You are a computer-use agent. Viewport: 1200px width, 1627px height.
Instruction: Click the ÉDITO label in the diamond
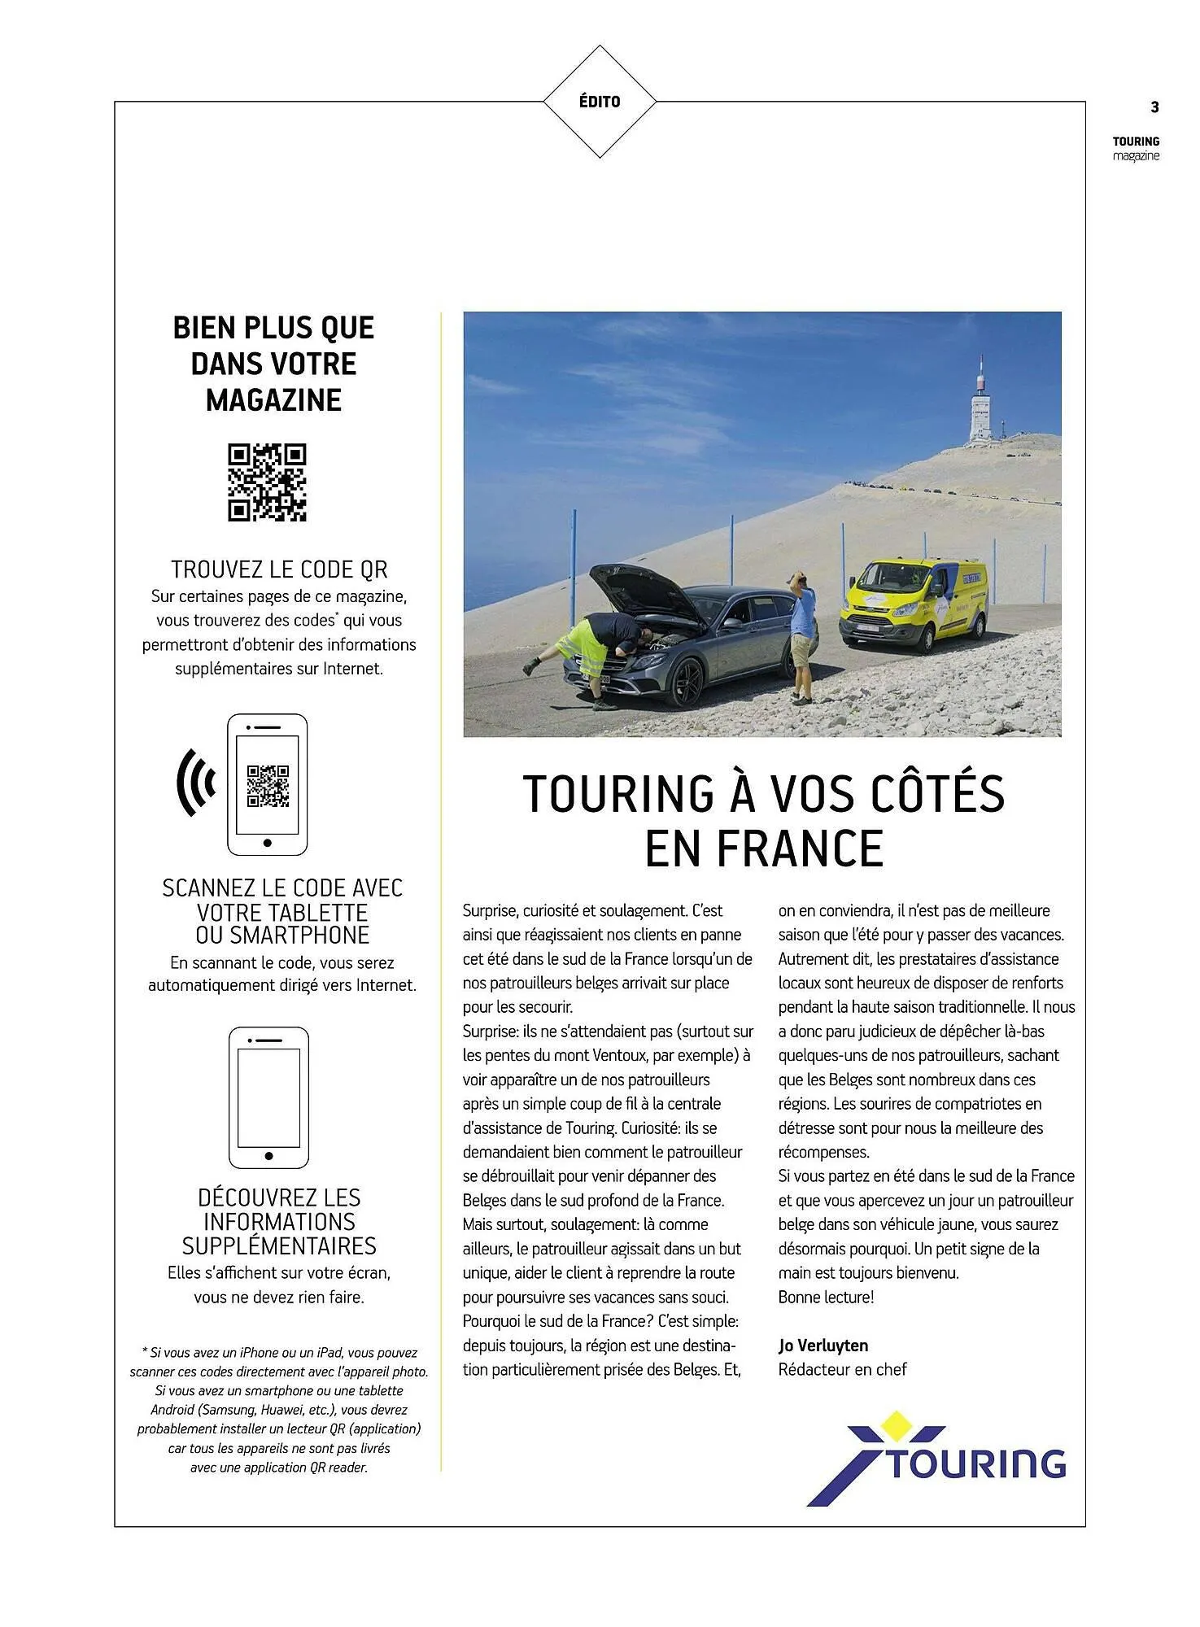(x=600, y=102)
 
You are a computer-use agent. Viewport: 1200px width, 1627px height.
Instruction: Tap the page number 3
(x=1154, y=107)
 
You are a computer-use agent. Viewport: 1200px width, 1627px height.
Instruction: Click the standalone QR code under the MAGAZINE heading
(x=267, y=482)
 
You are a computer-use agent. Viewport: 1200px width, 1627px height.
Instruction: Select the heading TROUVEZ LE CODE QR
(x=279, y=569)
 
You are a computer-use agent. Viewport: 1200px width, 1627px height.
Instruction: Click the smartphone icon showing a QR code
(x=267, y=784)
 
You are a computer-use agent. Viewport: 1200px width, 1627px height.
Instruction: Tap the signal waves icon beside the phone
(x=196, y=782)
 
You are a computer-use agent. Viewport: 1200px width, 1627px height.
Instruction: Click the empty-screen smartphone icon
(x=268, y=1097)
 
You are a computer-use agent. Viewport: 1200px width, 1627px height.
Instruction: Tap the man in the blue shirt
(x=803, y=635)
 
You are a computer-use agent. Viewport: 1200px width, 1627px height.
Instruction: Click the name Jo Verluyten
(x=823, y=1346)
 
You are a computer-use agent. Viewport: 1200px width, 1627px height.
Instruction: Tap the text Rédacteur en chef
(x=842, y=1370)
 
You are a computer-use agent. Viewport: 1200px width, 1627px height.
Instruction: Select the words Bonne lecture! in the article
(x=826, y=1298)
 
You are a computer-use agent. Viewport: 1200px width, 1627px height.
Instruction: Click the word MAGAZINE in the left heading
(x=273, y=400)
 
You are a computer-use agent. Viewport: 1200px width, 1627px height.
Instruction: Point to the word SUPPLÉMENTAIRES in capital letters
(x=279, y=1246)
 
